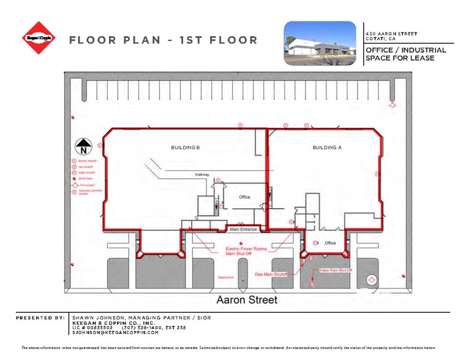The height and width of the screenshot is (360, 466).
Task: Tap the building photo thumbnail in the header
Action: (320, 43)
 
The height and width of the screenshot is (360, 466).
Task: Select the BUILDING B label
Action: (185, 148)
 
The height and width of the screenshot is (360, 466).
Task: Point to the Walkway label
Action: (202, 175)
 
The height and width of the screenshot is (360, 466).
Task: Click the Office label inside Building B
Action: (244, 197)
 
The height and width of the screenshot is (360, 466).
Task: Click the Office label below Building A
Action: (330, 243)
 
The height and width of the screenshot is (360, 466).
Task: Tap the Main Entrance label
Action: (242, 230)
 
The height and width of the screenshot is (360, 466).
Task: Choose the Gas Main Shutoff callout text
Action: (272, 274)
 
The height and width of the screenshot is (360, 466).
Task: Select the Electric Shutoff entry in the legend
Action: (85, 160)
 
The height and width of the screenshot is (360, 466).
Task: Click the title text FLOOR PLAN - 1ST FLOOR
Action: (163, 40)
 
